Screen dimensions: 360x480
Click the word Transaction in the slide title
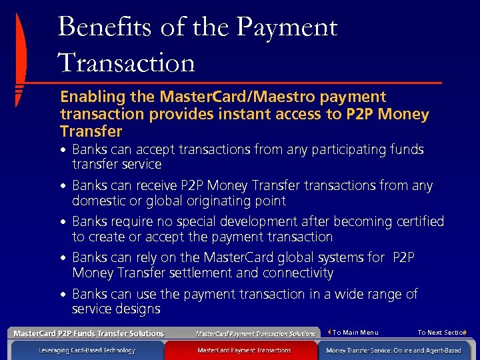tap(127, 63)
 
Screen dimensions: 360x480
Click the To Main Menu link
tap(355, 332)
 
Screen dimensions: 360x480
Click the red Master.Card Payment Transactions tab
tap(244, 350)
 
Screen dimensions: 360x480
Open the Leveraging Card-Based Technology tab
tap(87, 350)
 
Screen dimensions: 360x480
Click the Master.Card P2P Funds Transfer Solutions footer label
tap(89, 333)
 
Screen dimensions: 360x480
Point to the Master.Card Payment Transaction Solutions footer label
tap(255, 333)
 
